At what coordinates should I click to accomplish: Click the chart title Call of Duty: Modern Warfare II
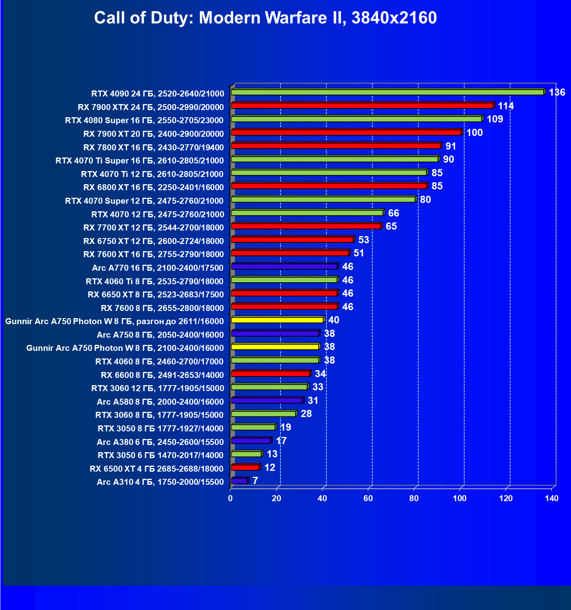[x=265, y=18]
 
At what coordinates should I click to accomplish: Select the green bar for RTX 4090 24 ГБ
[x=387, y=92]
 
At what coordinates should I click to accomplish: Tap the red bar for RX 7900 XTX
[x=362, y=106]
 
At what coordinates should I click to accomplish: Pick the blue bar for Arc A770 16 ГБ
[x=284, y=266]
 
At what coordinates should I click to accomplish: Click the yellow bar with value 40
[x=277, y=320]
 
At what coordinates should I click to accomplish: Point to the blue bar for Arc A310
[x=239, y=481]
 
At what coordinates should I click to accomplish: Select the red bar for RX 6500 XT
[x=245, y=467]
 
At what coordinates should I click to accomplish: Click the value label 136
[x=557, y=92]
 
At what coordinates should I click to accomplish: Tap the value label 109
[x=494, y=119]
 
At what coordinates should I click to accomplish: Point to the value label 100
[x=474, y=133]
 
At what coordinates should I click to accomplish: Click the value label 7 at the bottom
[x=255, y=481]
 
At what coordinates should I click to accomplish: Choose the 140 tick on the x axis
[x=551, y=498]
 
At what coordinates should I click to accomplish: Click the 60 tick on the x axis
[x=368, y=498]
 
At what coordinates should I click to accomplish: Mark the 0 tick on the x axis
[x=230, y=498]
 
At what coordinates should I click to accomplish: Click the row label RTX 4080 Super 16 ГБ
[x=144, y=120]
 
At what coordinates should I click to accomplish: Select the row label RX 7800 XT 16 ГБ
[x=153, y=148]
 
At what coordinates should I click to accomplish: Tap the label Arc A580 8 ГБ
[x=160, y=401]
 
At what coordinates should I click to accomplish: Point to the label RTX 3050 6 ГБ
[x=161, y=455]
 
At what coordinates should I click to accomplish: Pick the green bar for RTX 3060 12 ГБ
[x=269, y=387]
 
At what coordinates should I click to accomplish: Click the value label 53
[x=363, y=240]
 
